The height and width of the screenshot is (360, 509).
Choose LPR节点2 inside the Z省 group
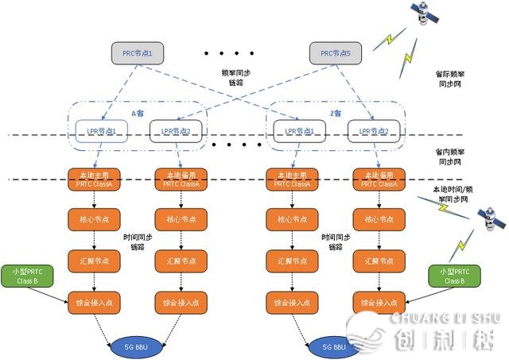(374, 131)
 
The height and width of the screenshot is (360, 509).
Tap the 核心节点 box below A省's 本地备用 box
(177, 219)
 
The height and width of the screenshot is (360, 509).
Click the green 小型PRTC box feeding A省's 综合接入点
(28, 277)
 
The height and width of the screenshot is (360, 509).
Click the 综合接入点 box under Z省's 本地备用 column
(374, 302)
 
